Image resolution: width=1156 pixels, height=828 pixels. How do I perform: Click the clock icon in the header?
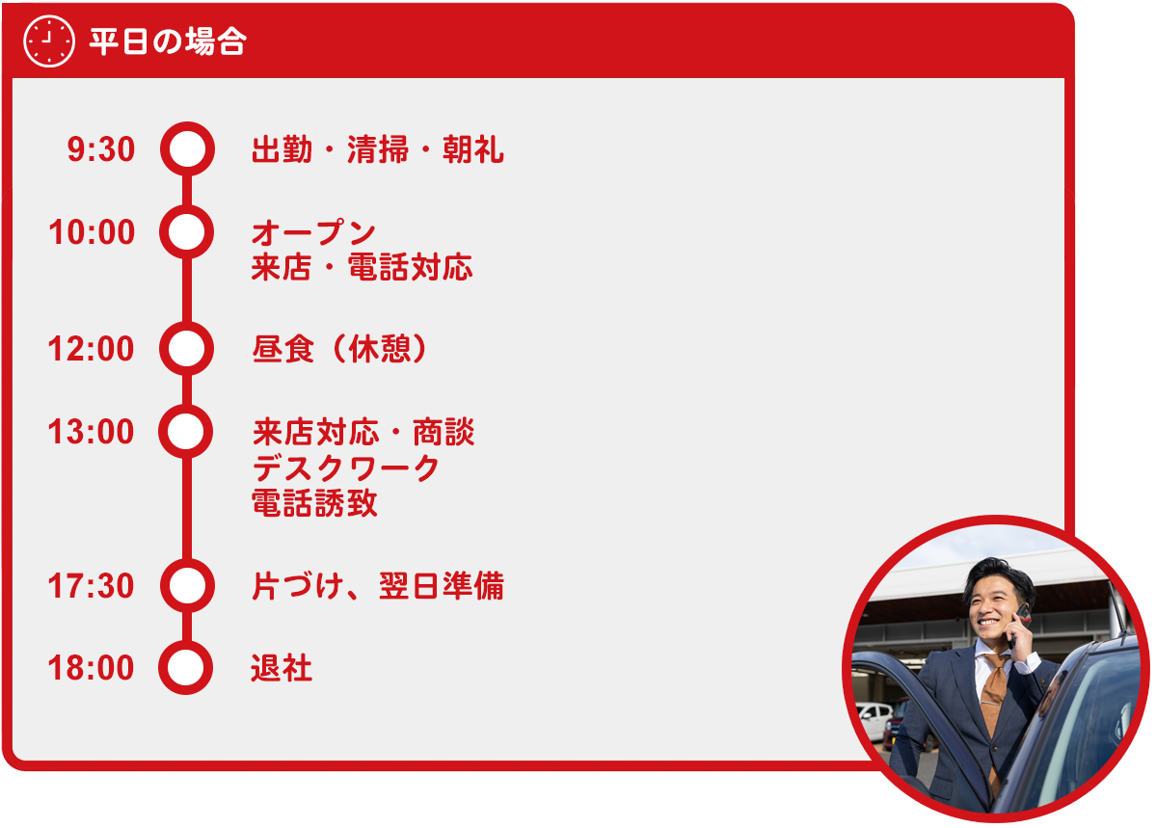coord(48,40)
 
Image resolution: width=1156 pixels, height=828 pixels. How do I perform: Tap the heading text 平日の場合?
coord(168,41)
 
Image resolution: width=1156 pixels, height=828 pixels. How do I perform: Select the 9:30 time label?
coord(101,149)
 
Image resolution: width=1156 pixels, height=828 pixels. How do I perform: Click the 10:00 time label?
coord(92,232)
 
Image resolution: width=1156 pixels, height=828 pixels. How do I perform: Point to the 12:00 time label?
coord(91,349)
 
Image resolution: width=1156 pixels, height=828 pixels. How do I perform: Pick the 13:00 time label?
coord(91,432)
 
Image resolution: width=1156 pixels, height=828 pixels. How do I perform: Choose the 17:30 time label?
coord(91,586)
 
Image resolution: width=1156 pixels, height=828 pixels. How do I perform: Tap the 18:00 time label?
coord(91,668)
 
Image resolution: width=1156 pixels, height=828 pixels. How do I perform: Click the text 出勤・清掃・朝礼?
coord(378,149)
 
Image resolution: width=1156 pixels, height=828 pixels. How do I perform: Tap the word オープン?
coord(313,233)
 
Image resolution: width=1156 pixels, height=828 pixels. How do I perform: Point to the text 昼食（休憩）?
coord(340,349)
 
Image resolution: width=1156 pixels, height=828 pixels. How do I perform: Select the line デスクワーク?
coord(346,468)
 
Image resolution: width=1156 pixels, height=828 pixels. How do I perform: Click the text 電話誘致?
coord(315,503)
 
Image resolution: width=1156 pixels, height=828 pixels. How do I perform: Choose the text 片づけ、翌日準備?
coord(378,586)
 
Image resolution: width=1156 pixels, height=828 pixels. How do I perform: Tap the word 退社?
coord(282,668)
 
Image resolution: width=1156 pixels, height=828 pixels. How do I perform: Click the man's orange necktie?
coord(994,693)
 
